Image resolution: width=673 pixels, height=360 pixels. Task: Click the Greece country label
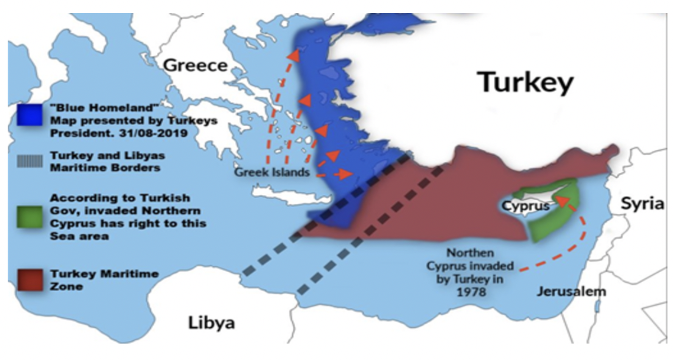(x=195, y=66)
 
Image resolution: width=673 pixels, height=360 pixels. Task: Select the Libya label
(x=212, y=322)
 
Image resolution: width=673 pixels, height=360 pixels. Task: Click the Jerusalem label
(x=571, y=291)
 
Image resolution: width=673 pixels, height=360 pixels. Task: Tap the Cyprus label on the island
(x=526, y=207)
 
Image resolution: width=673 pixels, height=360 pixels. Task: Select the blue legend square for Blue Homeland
(x=29, y=114)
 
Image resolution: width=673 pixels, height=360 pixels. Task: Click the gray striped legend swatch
(x=29, y=160)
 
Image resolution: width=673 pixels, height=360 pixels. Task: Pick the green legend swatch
(x=29, y=217)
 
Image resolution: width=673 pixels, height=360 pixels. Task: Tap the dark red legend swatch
(x=29, y=279)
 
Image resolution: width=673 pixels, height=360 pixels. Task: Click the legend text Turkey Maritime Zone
(x=104, y=279)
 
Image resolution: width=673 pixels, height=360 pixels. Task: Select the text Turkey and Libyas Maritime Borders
(x=107, y=161)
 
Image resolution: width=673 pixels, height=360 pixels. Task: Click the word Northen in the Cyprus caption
(x=469, y=254)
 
